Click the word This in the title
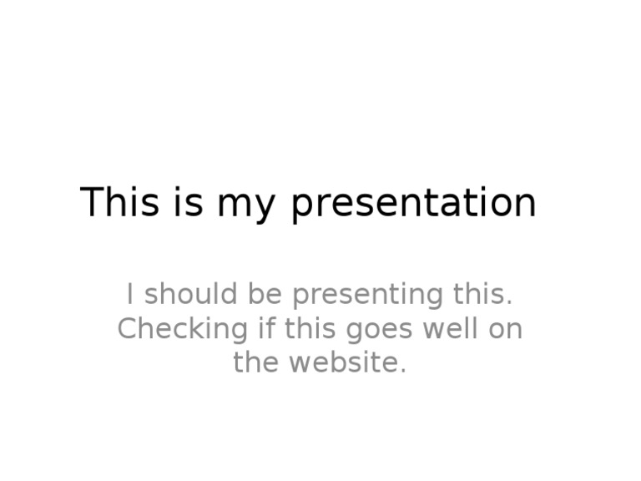[x=119, y=203]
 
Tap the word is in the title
[x=189, y=203]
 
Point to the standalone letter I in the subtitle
[x=129, y=295]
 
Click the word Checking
[x=182, y=330]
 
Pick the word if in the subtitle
[x=266, y=329]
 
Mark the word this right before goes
[x=310, y=329]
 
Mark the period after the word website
[x=403, y=372]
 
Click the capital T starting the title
[x=91, y=203]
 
